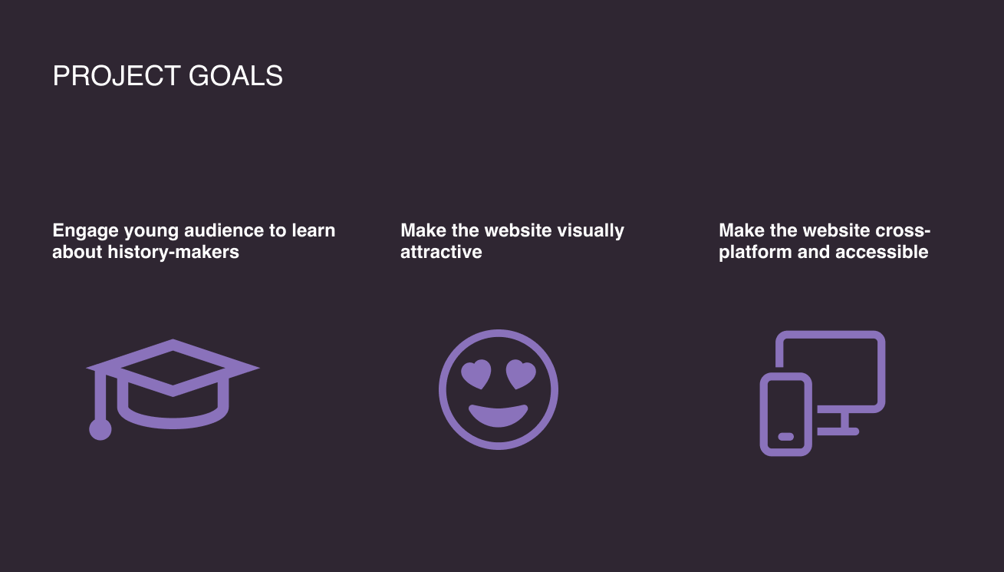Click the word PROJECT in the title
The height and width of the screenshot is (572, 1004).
tap(117, 75)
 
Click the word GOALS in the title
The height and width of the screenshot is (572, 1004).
tap(235, 75)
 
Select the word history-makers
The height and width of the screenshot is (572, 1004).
tap(173, 252)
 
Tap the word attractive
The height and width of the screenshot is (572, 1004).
tap(441, 252)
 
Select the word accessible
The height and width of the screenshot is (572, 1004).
tap(881, 252)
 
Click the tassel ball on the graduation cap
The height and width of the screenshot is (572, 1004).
tap(100, 429)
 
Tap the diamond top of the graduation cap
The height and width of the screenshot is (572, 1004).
tap(173, 368)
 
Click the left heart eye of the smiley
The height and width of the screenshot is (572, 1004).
tap(476, 373)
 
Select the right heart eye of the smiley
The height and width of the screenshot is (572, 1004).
tap(521, 373)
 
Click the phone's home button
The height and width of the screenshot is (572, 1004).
tap(785, 437)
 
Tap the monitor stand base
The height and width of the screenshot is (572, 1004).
tap(838, 431)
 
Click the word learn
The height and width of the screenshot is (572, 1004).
tap(313, 230)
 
